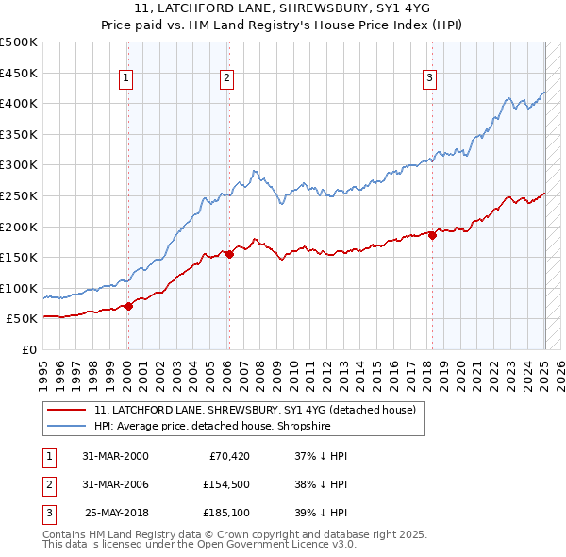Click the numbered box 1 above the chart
point(126,78)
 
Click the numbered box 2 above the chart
point(227,78)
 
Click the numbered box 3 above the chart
point(429,78)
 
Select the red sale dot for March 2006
point(229,254)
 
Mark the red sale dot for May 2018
point(433,235)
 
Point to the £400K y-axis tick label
point(19,103)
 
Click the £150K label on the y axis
point(19,257)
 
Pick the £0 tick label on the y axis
point(30,349)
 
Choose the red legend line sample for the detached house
point(68,410)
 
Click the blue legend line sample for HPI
point(68,426)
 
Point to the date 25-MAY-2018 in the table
point(117,514)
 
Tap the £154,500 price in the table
point(225,484)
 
